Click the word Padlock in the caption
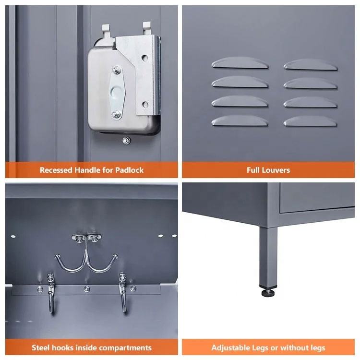[x=129, y=170]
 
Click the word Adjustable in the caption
[x=231, y=348]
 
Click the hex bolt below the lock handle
[x=126, y=140]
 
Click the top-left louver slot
[x=240, y=63]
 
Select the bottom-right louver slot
[x=311, y=121]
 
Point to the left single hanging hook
[x=51, y=293]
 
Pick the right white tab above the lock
[x=147, y=28]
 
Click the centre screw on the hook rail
[x=86, y=288]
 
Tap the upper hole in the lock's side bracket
[x=144, y=58]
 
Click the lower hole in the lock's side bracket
[x=145, y=105]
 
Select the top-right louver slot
[x=311, y=65]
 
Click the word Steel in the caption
[x=39, y=348]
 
